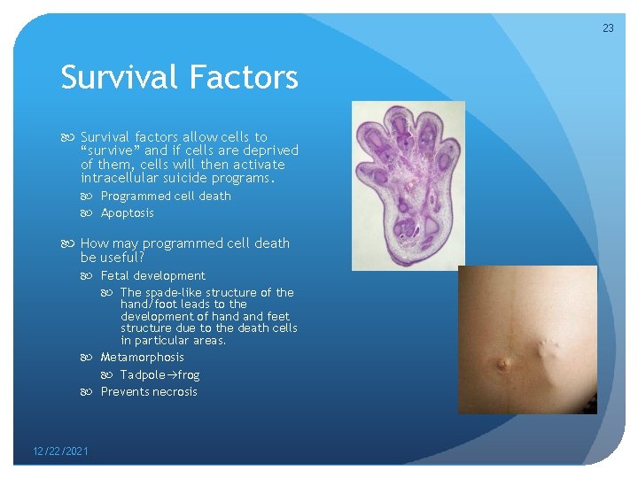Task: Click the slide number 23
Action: click(608, 28)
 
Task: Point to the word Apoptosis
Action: click(127, 212)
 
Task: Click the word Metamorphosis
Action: click(142, 357)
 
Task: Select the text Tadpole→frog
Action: click(159, 374)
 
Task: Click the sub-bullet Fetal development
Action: click(152, 275)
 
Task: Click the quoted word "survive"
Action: click(112, 150)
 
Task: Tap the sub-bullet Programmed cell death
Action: click(166, 196)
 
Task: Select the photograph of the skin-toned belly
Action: click(527, 339)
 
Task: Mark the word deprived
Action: click(272, 150)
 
